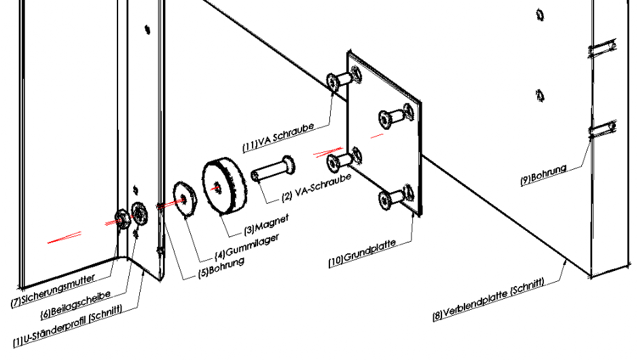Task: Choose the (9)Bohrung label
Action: pyautogui.click(x=543, y=175)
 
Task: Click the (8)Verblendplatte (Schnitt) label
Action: pyautogui.click(x=489, y=298)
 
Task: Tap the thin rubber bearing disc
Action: pyautogui.click(x=184, y=198)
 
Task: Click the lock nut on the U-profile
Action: pyautogui.click(x=122, y=218)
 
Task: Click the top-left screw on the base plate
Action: pyautogui.click(x=340, y=81)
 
